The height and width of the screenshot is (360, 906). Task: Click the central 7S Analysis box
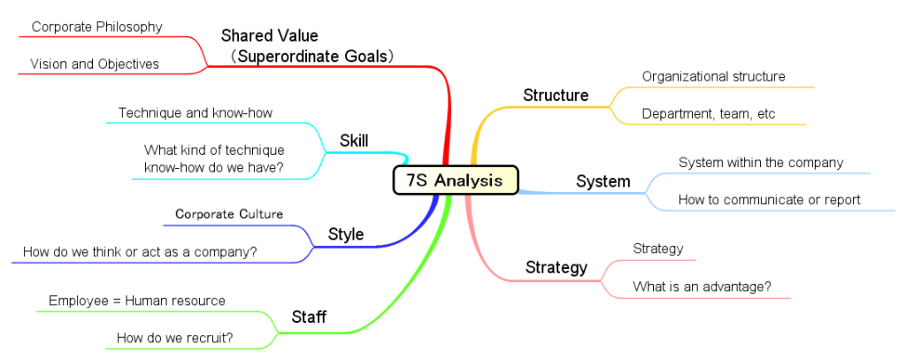pyautogui.click(x=456, y=180)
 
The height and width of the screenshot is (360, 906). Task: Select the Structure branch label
pyautogui.click(x=556, y=96)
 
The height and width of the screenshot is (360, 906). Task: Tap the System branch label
pyautogui.click(x=603, y=181)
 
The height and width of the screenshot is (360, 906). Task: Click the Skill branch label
pyautogui.click(x=354, y=141)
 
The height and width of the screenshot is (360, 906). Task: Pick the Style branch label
pyautogui.click(x=346, y=234)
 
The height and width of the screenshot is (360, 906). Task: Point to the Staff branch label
pyautogui.click(x=309, y=317)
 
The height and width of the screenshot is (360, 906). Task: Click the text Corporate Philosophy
pyautogui.click(x=97, y=27)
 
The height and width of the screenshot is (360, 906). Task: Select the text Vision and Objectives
pyautogui.click(x=95, y=64)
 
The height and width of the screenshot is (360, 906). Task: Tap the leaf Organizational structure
pyautogui.click(x=714, y=76)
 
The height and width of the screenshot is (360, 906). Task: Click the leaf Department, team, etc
pyautogui.click(x=709, y=114)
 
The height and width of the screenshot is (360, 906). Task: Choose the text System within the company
pyautogui.click(x=761, y=163)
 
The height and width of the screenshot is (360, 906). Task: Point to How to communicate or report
pyautogui.click(x=770, y=200)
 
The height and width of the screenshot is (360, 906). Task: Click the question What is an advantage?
pyautogui.click(x=702, y=286)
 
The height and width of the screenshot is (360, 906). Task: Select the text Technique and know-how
pyautogui.click(x=196, y=112)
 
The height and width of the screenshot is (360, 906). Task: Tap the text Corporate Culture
pyautogui.click(x=229, y=214)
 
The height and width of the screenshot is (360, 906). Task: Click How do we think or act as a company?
pyautogui.click(x=140, y=252)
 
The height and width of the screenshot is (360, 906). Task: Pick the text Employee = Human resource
pyautogui.click(x=137, y=301)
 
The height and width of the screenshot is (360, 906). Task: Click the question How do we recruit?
pyautogui.click(x=175, y=338)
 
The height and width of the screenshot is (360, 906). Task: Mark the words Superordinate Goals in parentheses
pyautogui.click(x=317, y=56)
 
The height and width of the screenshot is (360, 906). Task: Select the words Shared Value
pyautogui.click(x=269, y=36)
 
